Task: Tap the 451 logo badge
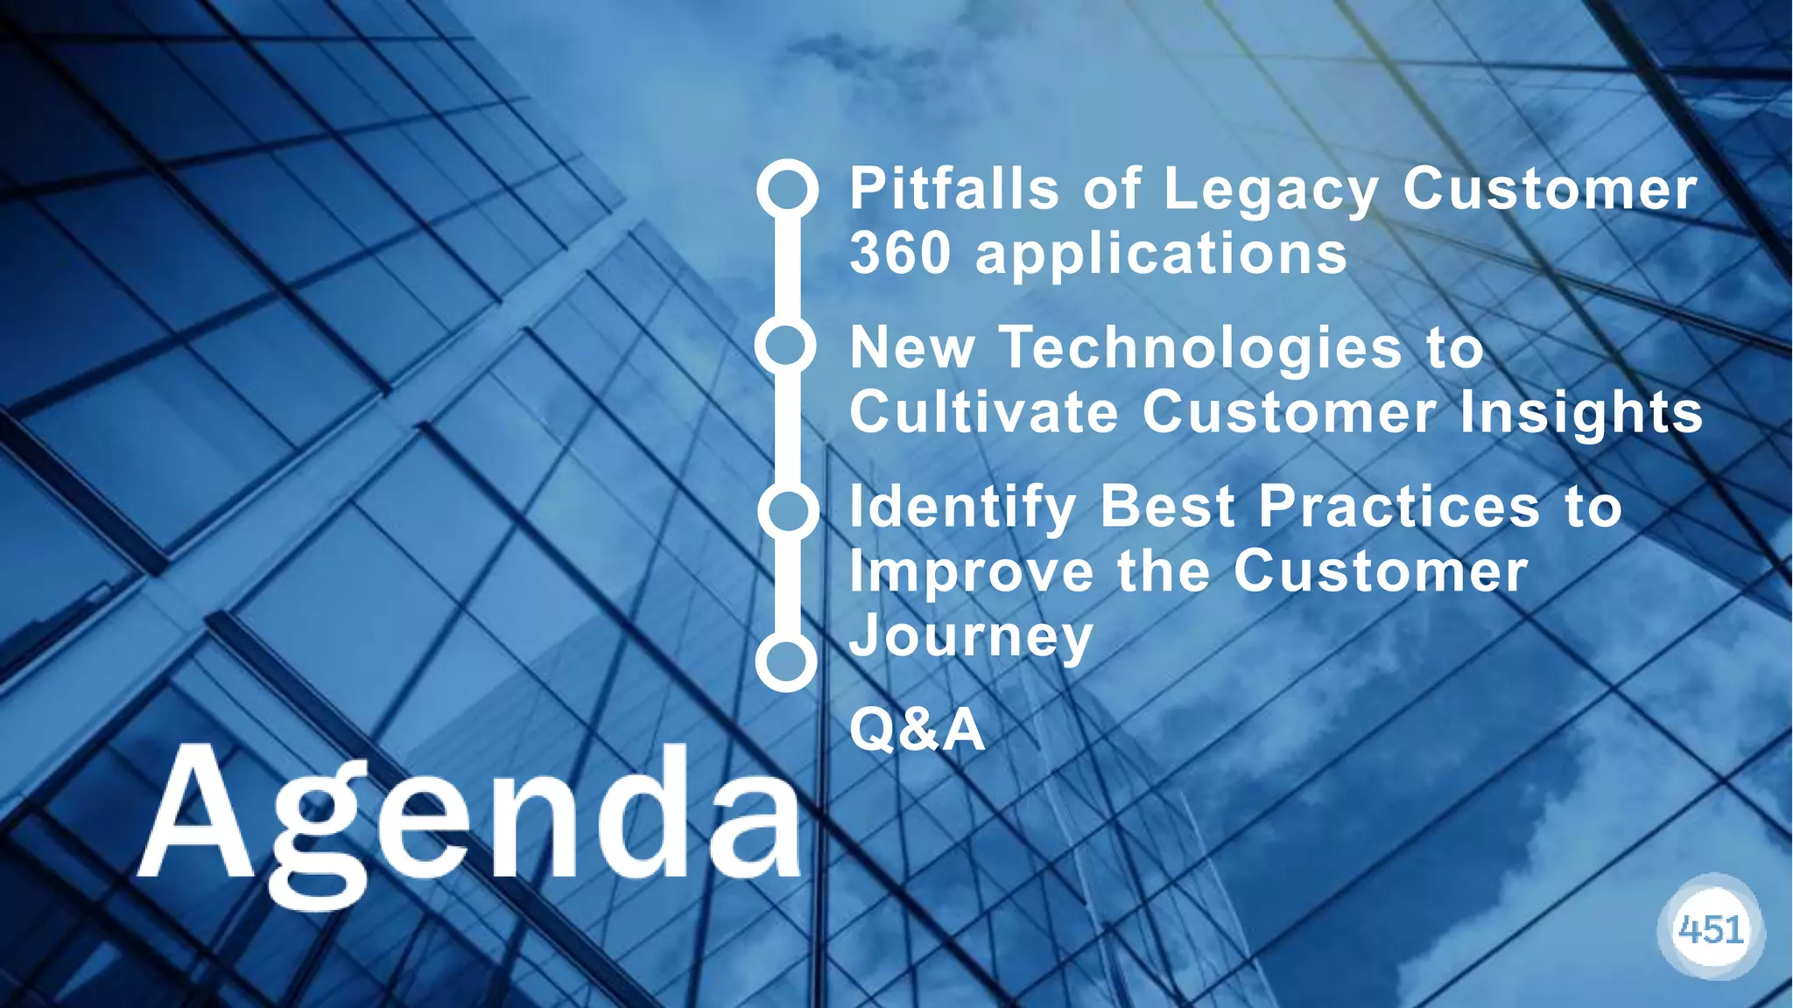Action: (x=1711, y=930)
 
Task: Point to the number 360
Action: (x=900, y=254)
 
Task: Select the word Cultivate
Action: (x=984, y=412)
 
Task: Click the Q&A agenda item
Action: (x=917, y=730)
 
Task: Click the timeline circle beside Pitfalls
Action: (x=787, y=189)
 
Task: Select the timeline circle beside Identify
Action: (x=787, y=511)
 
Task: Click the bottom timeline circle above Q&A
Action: (x=786, y=662)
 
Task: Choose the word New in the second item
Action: (x=912, y=348)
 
